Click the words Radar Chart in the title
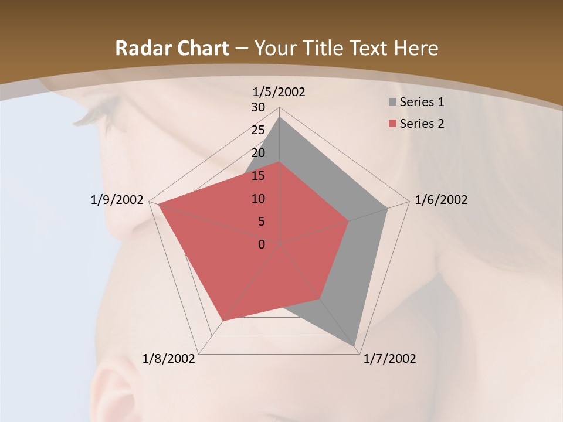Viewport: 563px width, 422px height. [172, 49]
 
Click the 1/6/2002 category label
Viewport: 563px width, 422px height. [441, 200]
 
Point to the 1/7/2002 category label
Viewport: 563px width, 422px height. [389, 359]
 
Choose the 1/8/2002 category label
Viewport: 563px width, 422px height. [169, 359]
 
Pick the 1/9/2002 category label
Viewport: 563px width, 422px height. [117, 200]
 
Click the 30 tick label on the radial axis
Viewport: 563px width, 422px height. [258, 107]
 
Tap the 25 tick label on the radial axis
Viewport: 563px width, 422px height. [258, 130]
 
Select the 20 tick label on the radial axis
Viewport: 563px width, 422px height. [258, 153]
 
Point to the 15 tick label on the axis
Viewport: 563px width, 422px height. [258, 176]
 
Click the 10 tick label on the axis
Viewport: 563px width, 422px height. [258, 199]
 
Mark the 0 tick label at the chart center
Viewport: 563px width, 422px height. [262, 244]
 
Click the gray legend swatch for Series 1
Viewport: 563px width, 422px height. [392, 102]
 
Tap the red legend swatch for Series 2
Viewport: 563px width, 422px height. [392, 124]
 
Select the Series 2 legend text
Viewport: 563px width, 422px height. [422, 124]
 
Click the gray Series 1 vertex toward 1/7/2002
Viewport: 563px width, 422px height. [355, 347]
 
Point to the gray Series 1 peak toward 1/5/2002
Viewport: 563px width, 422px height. [279, 117]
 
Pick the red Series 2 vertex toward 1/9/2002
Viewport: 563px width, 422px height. [158, 205]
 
